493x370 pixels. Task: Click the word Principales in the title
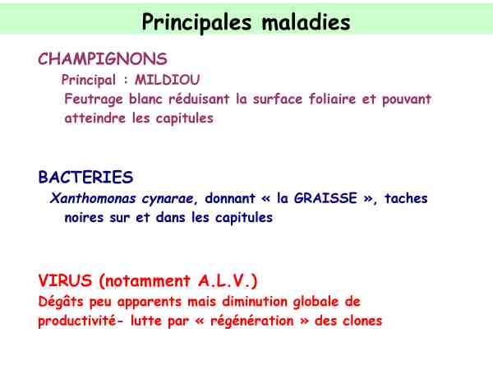click(x=197, y=23)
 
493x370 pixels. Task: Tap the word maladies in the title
click(x=306, y=22)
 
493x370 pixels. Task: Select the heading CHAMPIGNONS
click(x=103, y=59)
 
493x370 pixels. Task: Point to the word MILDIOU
click(x=168, y=80)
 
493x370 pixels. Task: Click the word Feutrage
click(x=94, y=99)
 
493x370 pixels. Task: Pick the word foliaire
click(x=332, y=99)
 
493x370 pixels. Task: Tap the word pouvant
click(x=407, y=99)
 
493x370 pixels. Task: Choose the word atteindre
click(x=95, y=118)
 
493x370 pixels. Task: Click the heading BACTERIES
click(x=85, y=177)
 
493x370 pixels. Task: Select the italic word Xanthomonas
click(x=93, y=198)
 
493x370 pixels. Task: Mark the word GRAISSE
click(x=325, y=198)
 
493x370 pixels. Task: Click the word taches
click(x=406, y=198)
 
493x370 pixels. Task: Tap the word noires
click(x=84, y=217)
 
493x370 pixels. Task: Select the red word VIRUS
click(x=65, y=280)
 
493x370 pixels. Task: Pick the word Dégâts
click(x=61, y=302)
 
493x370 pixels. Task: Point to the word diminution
click(x=255, y=302)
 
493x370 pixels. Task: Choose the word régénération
click(x=252, y=321)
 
